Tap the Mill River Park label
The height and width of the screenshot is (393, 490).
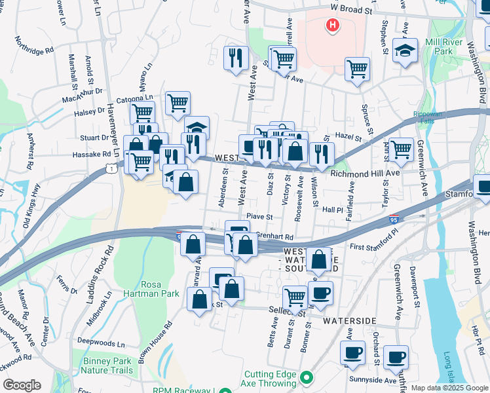pos(443,47)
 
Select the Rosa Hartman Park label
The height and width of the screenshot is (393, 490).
pos(160,290)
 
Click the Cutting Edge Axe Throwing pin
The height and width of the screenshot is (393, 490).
pos(306,378)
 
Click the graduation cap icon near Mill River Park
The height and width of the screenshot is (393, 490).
pos(405,50)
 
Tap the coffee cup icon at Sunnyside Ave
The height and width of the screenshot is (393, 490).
pos(396,358)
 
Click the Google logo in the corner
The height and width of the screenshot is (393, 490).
pos(22,385)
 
